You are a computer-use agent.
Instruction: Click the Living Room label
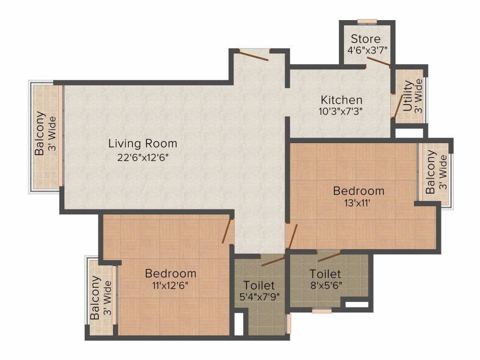tap(142, 143)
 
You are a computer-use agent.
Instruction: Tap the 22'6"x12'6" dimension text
tap(143, 157)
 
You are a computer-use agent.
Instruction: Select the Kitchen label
tap(341, 100)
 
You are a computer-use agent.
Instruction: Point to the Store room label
tap(366, 39)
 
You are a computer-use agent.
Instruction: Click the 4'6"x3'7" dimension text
tap(367, 50)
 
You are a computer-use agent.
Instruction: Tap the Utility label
tap(407, 96)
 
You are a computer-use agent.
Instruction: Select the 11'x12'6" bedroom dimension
tap(170, 285)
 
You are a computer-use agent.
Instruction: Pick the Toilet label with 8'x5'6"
tap(325, 273)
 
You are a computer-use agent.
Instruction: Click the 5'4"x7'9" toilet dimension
tap(260, 297)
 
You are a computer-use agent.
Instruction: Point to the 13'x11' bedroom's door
tap(292, 236)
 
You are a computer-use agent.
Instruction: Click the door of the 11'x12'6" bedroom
tap(228, 231)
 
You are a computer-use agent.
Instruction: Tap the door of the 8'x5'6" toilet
tap(329, 257)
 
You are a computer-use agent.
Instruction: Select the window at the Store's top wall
tap(367, 22)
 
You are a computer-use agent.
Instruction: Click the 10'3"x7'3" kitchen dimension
tap(341, 111)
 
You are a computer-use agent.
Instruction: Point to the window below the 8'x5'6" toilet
tap(322, 311)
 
